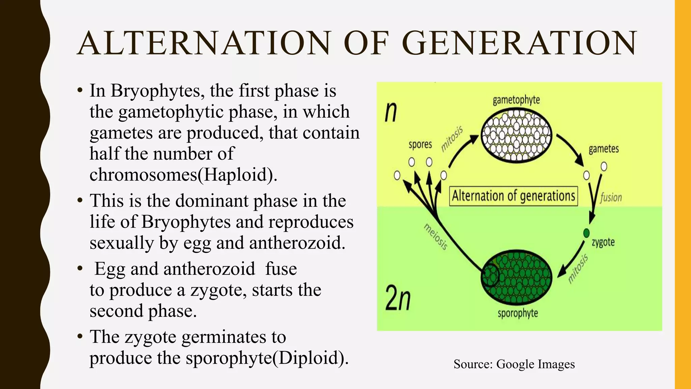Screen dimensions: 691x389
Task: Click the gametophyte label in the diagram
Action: click(516, 100)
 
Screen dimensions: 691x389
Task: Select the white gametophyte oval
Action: click(516, 136)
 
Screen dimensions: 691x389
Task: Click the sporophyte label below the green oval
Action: click(518, 313)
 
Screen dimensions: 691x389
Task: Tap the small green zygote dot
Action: click(586, 233)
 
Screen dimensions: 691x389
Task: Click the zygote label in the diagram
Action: click(603, 242)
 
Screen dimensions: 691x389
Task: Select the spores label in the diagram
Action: click(420, 145)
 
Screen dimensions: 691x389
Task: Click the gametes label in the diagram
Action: click(604, 149)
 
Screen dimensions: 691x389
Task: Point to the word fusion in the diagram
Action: click(611, 198)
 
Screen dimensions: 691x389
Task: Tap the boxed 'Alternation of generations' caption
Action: click(513, 196)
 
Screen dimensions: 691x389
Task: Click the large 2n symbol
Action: click(398, 297)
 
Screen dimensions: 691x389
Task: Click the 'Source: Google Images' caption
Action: click(514, 364)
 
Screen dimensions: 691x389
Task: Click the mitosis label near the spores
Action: click(452, 139)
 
